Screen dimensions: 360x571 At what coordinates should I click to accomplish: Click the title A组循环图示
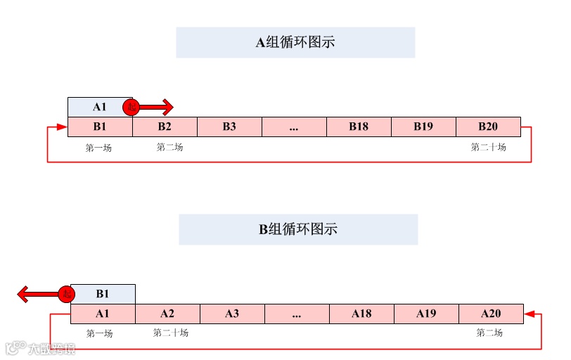(295, 42)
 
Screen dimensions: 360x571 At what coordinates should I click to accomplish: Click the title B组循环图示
(298, 229)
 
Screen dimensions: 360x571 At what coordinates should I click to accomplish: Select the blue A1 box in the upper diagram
(99, 107)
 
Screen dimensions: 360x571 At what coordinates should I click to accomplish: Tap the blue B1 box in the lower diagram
(102, 294)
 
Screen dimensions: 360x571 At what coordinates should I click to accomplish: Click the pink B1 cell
(99, 127)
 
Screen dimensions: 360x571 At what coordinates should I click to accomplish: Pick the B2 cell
(165, 127)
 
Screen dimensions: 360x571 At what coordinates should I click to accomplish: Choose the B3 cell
(229, 127)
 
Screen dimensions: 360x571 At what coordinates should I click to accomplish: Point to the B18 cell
(359, 127)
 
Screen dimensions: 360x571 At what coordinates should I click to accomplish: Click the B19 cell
(423, 127)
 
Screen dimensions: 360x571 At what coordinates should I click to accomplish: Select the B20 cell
(488, 127)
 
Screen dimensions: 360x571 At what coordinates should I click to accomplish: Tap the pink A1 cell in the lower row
(103, 314)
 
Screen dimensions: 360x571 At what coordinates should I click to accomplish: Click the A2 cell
(167, 314)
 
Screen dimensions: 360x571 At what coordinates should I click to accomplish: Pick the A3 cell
(232, 314)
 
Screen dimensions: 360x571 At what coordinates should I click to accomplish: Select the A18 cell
(361, 314)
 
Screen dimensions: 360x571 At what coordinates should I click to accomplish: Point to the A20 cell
(491, 314)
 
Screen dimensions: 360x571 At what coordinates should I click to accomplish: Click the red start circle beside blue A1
(131, 107)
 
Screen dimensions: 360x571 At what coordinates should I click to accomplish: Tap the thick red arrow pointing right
(157, 107)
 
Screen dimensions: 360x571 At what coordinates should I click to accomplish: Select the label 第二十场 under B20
(488, 148)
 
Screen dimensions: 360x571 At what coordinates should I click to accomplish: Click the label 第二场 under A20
(489, 333)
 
